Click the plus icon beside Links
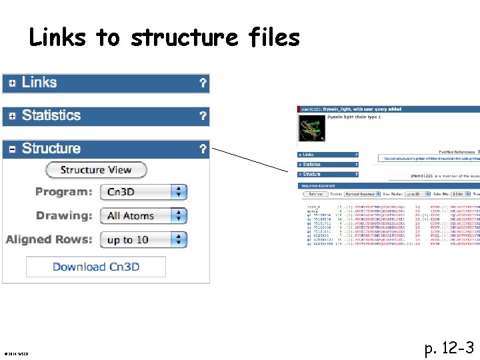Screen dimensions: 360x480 12,83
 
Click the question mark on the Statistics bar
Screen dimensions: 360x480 203,116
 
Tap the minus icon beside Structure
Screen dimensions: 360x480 12,149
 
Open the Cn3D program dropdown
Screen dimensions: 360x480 143,192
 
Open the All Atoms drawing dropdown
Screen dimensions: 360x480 143,216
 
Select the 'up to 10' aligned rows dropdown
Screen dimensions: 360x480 143,239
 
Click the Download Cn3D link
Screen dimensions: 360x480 96,267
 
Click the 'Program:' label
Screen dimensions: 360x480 64,192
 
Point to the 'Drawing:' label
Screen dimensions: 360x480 64,216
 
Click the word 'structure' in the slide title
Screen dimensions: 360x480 183,38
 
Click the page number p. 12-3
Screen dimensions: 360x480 449,347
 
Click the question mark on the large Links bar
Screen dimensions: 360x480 203,83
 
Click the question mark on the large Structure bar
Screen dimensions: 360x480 203,149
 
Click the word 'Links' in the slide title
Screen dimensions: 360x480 57,38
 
